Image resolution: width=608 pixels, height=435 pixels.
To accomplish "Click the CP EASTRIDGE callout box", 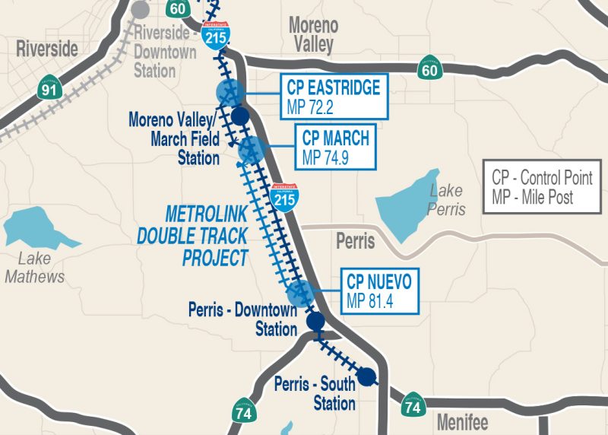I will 334,97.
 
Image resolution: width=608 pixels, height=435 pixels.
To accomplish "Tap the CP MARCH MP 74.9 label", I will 336,148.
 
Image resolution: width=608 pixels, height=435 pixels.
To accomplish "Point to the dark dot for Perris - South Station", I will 367,376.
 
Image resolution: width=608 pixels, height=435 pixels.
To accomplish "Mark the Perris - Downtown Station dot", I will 315,322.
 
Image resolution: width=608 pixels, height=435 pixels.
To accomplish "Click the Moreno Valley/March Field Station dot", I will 240,116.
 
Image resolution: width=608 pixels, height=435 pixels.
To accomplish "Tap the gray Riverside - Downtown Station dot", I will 140,10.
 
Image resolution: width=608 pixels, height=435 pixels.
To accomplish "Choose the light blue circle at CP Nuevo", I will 299,293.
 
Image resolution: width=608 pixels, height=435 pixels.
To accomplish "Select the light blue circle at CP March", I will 251,150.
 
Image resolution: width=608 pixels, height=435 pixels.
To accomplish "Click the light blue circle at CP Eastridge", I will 229,93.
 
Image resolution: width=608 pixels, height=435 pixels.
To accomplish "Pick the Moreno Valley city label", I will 312,35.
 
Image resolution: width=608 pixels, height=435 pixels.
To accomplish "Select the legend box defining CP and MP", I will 542,188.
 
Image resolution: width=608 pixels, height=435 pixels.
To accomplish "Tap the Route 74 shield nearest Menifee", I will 413,405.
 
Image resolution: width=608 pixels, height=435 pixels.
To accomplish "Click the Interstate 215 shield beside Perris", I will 284,198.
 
